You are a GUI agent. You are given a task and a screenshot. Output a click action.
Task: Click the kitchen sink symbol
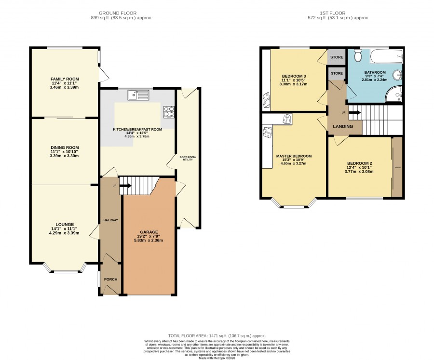coord(138,95)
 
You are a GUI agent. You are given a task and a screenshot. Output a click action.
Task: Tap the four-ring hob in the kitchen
coord(169,112)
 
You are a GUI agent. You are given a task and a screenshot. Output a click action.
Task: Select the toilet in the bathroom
coord(358,55)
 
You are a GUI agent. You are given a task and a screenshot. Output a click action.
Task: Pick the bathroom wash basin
coord(397,75)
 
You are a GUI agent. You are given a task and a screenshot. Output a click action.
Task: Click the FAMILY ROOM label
coord(65,79)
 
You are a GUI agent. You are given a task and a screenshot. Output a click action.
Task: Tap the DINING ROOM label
coord(65,148)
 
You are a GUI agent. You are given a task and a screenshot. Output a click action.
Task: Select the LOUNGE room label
coord(65,225)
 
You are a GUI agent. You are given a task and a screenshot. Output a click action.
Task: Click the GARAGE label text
coord(149,232)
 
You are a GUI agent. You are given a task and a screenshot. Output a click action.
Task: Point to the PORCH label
coord(110,279)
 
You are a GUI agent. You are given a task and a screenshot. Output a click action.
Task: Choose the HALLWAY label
coord(110,220)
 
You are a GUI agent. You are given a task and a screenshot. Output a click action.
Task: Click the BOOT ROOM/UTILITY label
coord(188,158)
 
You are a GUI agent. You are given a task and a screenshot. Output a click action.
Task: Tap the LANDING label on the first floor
coord(343,126)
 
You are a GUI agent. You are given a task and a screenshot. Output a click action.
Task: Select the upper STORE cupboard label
coord(337,57)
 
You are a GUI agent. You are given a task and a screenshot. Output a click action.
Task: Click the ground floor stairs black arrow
coord(126,186)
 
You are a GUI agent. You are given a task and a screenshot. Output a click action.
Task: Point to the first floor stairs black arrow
coord(354,113)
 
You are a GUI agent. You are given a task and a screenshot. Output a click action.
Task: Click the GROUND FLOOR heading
coord(118,13)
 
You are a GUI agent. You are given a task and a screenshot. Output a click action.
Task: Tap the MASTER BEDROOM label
coord(294,156)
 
